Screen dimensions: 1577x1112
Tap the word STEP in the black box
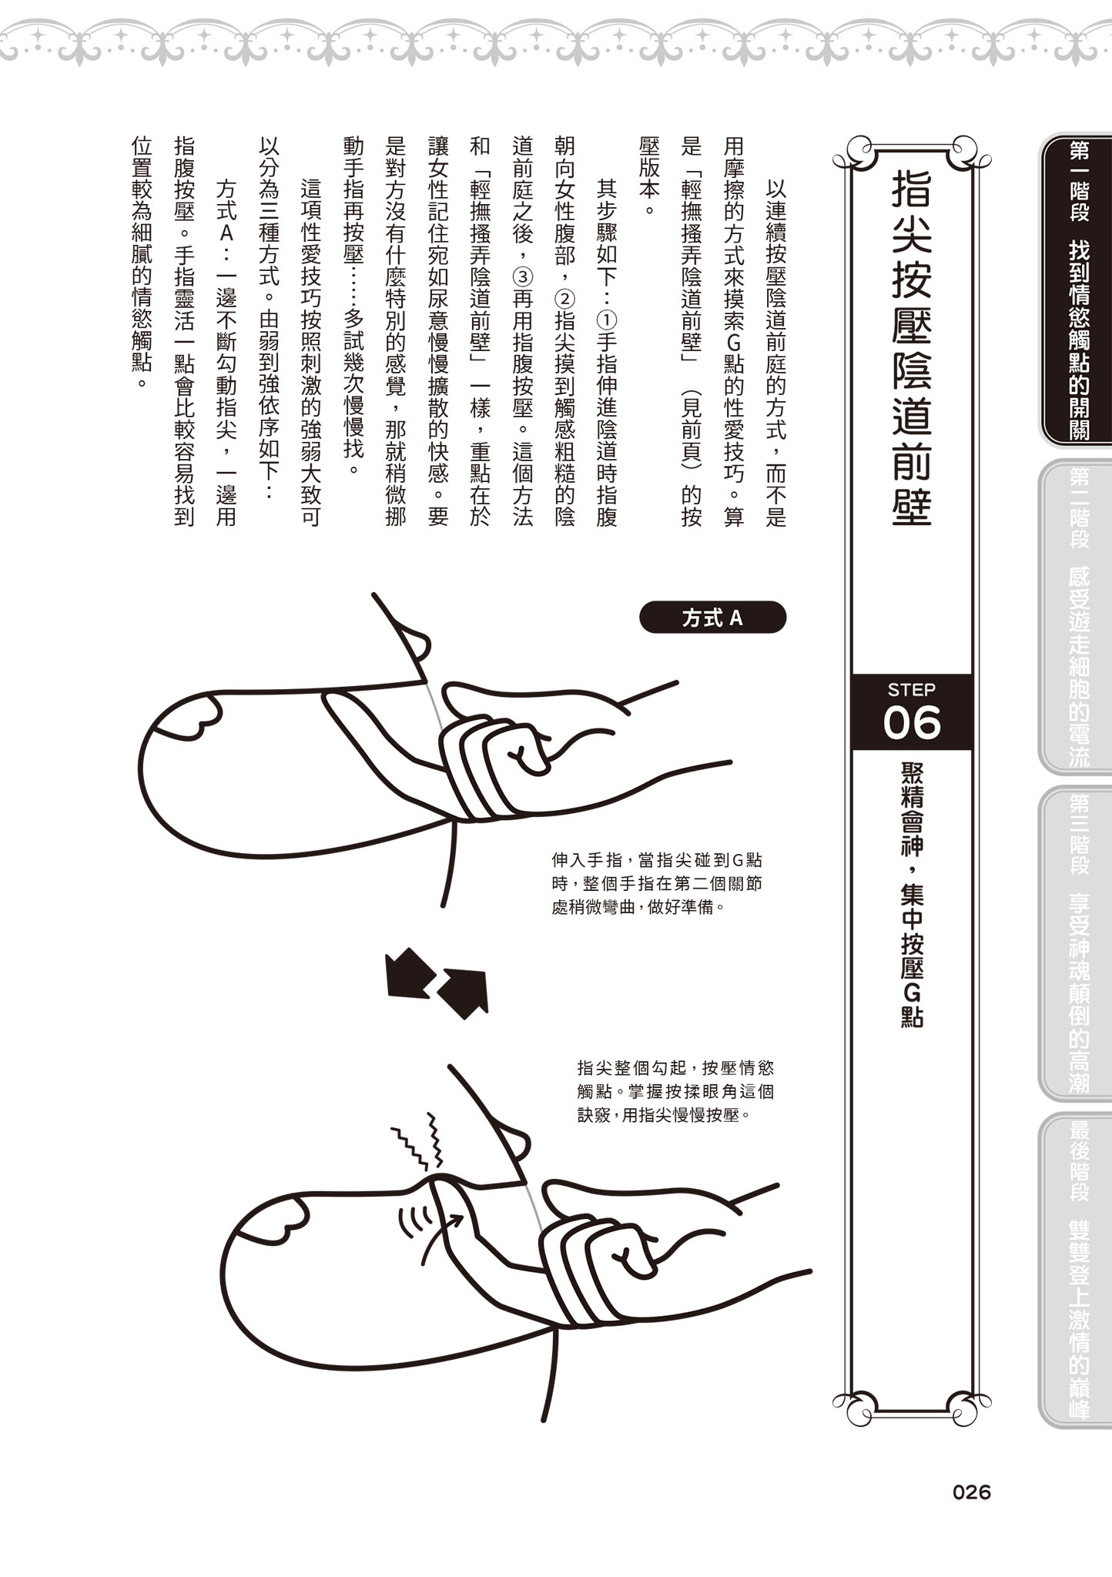coord(911,689)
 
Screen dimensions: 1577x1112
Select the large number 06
coord(911,723)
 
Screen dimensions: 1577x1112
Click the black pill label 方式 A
coord(712,618)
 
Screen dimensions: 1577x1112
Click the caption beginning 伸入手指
coord(656,883)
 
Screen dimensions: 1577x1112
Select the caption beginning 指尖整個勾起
coord(675,1090)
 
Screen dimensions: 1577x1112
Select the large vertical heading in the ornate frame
coord(911,347)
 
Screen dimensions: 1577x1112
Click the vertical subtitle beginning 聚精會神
coord(911,893)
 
